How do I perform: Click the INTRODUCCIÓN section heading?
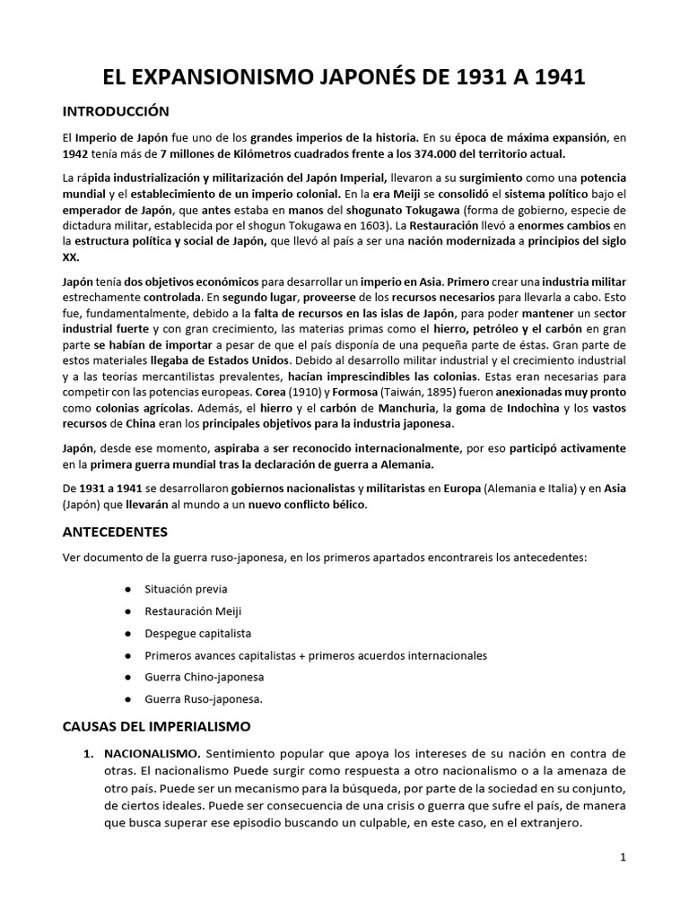tap(115, 112)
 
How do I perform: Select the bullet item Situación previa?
tap(186, 589)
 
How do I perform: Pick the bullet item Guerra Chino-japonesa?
tap(205, 677)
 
